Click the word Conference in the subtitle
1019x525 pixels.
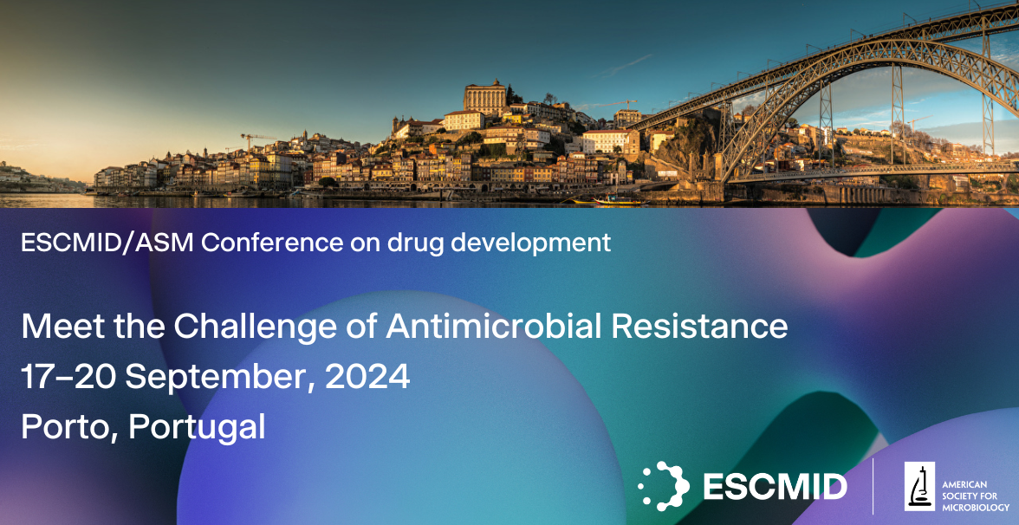(272, 243)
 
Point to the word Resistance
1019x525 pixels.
(699, 326)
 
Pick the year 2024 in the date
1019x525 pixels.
(367, 377)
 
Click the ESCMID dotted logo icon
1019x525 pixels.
(664, 486)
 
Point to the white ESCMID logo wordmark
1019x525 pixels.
(775, 487)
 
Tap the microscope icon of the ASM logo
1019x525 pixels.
(919, 487)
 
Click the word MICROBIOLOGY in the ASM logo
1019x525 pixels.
(976, 508)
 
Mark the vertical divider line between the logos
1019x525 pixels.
(873, 486)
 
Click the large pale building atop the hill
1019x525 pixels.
(485, 97)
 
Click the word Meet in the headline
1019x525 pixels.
(62, 326)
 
